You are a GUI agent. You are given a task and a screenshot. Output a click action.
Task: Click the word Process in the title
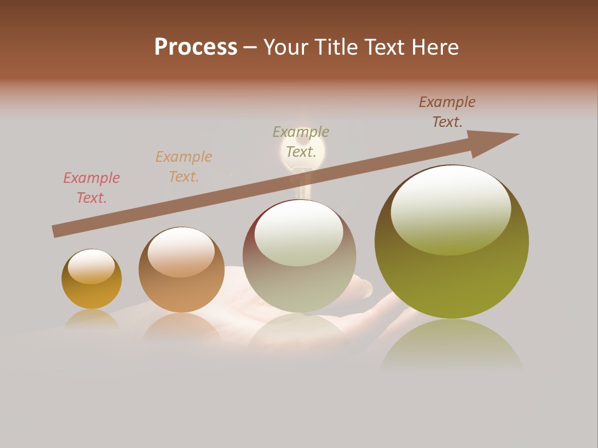click(x=196, y=47)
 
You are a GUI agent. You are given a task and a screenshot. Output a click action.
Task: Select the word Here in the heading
click(x=434, y=47)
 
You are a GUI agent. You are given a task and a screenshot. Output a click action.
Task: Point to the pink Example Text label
click(x=92, y=188)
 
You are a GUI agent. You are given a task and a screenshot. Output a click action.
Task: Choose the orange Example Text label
click(x=184, y=167)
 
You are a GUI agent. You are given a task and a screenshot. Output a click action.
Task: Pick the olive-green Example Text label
click(x=301, y=142)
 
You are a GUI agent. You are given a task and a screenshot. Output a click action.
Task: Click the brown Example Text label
click(x=447, y=112)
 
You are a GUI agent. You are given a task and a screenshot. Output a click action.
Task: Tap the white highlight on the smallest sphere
click(x=92, y=266)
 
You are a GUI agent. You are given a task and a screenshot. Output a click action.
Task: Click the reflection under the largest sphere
click(x=452, y=345)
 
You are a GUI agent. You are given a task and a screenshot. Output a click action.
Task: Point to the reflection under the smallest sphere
click(x=92, y=319)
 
